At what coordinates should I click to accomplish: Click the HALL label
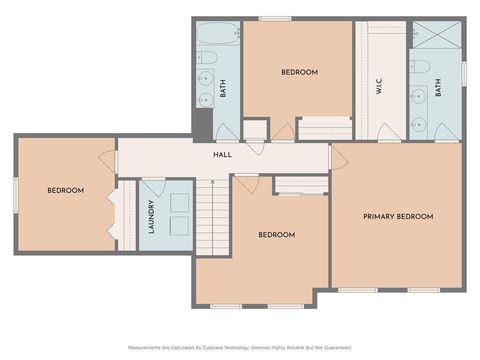pos(223,155)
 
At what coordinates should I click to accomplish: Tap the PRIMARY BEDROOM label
pos(398,216)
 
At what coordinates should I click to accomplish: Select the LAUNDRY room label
pos(151,221)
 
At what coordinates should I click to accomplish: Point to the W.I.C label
pos(380,87)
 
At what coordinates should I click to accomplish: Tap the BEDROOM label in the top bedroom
pos(299,72)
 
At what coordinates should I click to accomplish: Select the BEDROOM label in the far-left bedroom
pos(65,190)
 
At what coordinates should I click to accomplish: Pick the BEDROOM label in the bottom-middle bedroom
pos(276,235)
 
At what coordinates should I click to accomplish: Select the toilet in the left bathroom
pos(205,78)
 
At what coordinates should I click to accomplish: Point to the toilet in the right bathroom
pos(424,67)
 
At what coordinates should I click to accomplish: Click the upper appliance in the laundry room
pos(179,200)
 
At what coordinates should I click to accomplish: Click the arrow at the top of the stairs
pos(211,181)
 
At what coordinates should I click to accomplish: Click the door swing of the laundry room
pos(153,190)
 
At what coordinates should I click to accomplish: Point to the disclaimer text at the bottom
pos(239,347)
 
